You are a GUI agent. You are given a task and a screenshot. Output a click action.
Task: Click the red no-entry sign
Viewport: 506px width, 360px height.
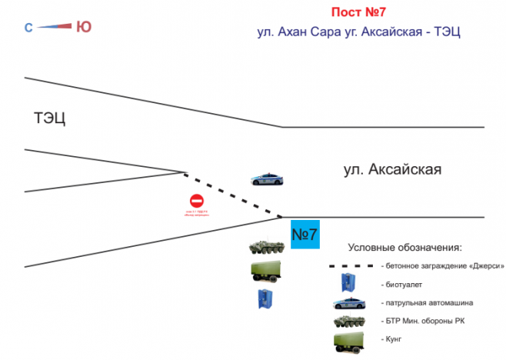196,202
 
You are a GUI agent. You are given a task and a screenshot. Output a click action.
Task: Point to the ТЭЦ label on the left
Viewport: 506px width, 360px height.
50,118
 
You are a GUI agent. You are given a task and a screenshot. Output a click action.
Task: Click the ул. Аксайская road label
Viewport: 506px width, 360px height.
392,170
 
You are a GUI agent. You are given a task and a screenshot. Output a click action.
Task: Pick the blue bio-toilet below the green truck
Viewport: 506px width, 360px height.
265,298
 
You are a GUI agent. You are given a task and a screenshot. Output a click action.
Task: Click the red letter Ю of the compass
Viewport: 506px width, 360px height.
84,27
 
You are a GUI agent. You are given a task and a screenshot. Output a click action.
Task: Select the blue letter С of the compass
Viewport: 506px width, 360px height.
28,28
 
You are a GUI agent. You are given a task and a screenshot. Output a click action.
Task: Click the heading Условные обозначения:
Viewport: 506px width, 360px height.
404,248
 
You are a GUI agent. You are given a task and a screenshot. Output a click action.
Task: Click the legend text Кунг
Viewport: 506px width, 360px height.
390,338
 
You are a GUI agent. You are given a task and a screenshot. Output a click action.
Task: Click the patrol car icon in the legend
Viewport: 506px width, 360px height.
350,302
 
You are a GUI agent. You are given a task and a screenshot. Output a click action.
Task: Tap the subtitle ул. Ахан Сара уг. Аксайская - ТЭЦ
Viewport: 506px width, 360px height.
358,34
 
